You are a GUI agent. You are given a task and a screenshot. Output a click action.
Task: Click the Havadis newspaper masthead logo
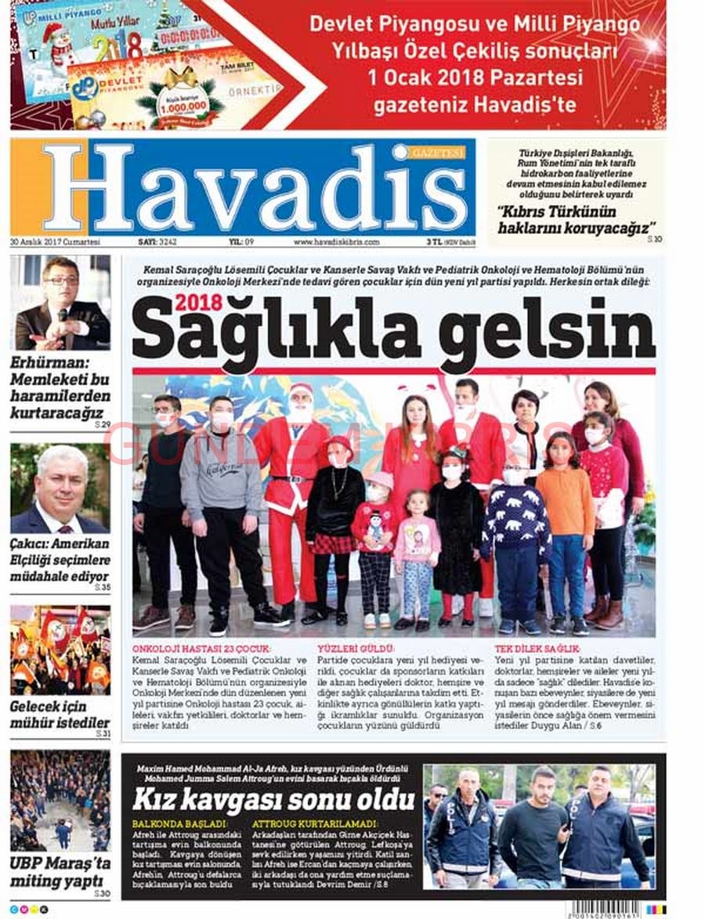(243, 188)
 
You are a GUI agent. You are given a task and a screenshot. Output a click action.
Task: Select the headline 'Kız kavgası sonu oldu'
(273, 799)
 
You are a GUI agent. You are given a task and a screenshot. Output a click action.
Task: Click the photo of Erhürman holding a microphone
(60, 303)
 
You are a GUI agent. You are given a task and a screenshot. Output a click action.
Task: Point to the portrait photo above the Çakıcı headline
(60, 489)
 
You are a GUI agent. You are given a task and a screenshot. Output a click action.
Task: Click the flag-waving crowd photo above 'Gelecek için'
(60, 650)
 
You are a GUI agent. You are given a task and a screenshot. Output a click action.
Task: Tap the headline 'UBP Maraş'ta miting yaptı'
(60, 872)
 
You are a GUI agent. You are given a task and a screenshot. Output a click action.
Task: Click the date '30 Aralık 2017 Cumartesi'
(56, 243)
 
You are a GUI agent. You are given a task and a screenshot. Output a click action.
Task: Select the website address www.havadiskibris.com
(336, 243)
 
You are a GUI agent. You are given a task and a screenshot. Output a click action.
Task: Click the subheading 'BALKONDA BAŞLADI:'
(179, 824)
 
